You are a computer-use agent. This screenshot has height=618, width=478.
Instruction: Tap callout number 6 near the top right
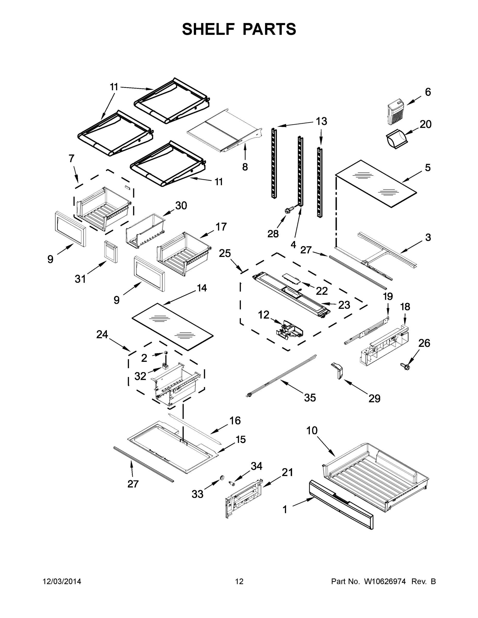pyautogui.click(x=428, y=92)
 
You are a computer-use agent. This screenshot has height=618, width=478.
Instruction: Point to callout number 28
pyautogui.click(x=273, y=234)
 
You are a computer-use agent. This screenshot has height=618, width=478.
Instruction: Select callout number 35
pyautogui.click(x=310, y=398)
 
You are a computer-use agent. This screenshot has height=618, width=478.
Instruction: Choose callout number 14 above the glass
pyautogui.click(x=202, y=288)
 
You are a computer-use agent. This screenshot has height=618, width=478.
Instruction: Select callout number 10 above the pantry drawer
pyautogui.click(x=312, y=431)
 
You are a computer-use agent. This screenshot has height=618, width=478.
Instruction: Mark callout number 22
pyautogui.click(x=322, y=291)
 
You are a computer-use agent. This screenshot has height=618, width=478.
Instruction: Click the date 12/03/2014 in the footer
pyautogui.click(x=62, y=581)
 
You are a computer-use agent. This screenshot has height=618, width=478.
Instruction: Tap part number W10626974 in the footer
pyautogui.click(x=384, y=581)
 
